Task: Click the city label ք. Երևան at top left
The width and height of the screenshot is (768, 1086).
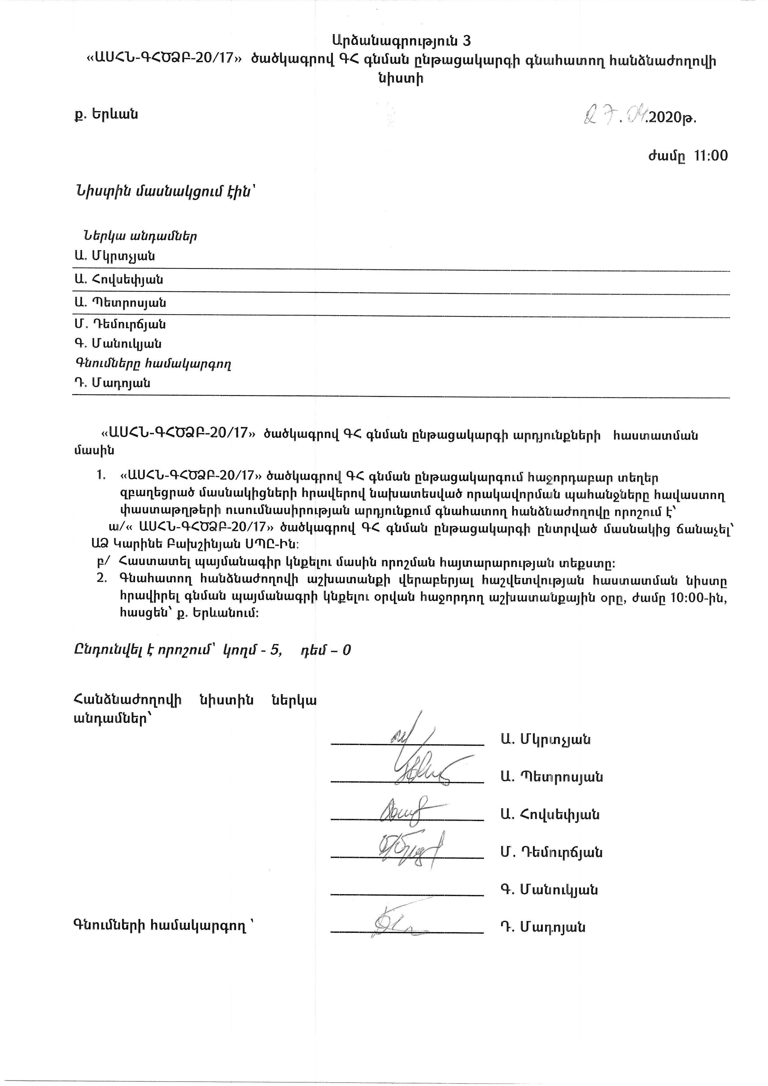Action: click(106, 115)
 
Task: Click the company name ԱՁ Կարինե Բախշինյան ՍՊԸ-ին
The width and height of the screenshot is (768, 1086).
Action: click(195, 544)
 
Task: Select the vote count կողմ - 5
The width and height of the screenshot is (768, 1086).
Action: click(252, 650)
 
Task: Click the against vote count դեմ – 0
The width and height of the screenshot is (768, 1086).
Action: click(326, 650)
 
